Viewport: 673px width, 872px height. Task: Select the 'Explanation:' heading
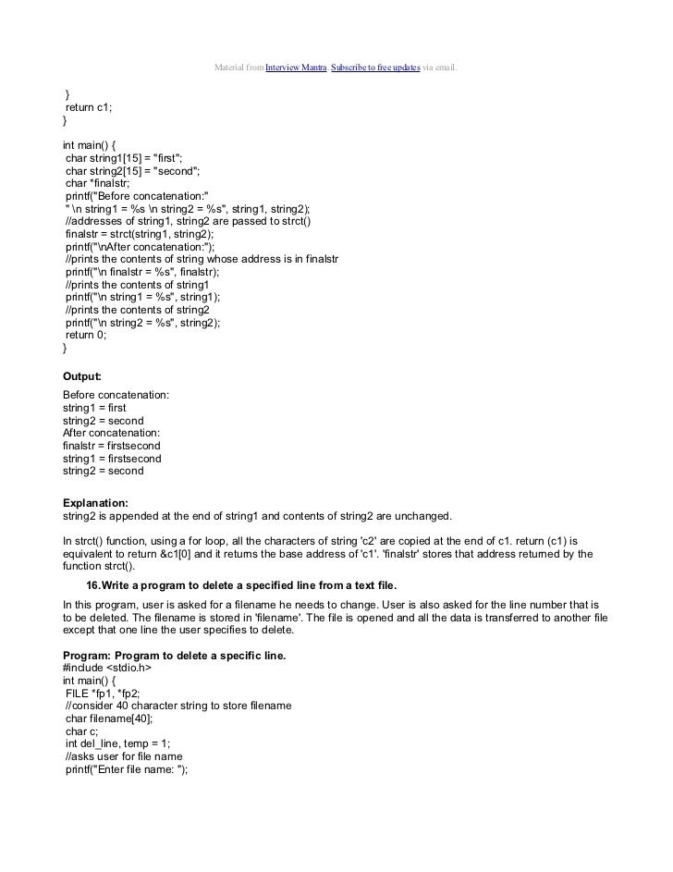[x=95, y=502]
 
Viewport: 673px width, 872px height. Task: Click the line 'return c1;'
[x=89, y=108]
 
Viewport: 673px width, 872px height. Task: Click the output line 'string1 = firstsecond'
[x=112, y=459]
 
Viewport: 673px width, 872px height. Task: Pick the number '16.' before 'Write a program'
[x=93, y=585]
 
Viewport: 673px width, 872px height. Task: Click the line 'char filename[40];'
[x=110, y=718]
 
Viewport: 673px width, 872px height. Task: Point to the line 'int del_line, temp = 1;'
[x=120, y=744]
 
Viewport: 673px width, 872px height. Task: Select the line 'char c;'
[x=83, y=731]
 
